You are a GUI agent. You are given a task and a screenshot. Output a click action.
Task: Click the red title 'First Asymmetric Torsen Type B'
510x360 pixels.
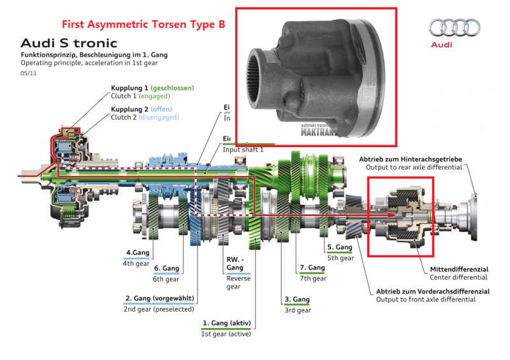(x=143, y=25)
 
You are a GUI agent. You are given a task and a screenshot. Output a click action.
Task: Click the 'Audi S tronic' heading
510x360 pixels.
(x=69, y=43)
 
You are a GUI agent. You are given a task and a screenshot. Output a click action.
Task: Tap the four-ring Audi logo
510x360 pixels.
(x=453, y=28)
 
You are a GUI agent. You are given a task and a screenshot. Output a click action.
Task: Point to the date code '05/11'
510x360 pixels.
(x=28, y=73)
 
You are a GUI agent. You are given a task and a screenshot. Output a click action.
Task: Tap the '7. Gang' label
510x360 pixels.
(x=312, y=268)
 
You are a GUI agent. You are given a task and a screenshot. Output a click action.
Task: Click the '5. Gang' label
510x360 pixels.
(x=340, y=247)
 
